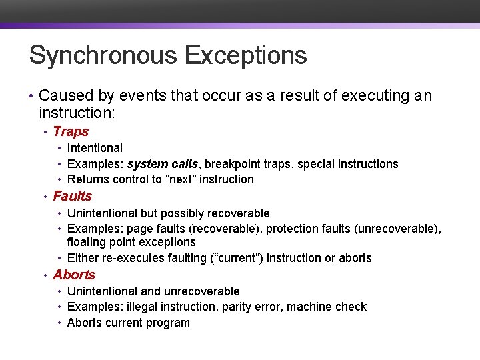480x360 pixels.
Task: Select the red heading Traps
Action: click(x=71, y=131)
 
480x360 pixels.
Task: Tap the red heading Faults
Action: click(x=72, y=196)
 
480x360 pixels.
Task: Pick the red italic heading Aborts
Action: click(x=74, y=275)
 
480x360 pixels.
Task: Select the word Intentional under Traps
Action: click(x=95, y=148)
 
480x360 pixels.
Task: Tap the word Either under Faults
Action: click(x=83, y=258)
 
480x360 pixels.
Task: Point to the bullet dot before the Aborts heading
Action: click(x=45, y=275)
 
